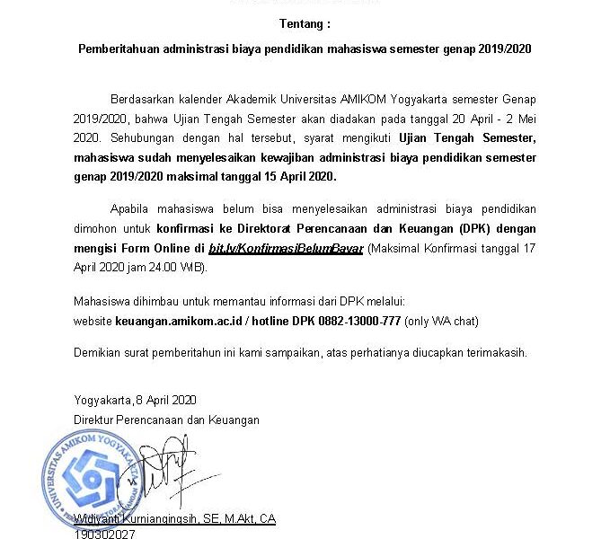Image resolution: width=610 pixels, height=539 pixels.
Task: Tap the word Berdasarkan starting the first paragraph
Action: pos(142,98)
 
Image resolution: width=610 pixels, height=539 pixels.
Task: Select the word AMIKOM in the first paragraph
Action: pos(358,98)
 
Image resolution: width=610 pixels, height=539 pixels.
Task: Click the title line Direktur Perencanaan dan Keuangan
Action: pos(166,420)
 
